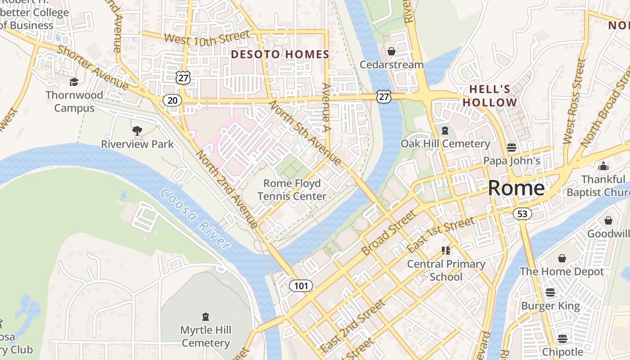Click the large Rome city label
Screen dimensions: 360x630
[516, 188]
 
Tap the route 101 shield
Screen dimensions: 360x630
[301, 286]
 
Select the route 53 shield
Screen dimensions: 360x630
[522, 214]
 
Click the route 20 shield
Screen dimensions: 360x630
[172, 100]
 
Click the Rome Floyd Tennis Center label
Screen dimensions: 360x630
[292, 190]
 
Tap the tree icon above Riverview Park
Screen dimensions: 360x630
[137, 131]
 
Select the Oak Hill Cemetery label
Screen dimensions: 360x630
[445, 144]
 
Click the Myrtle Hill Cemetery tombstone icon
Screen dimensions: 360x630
[206, 317]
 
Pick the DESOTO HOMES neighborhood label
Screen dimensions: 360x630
[280, 54]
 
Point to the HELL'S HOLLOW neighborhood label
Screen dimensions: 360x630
[490, 96]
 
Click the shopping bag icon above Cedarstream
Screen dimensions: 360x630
[391, 51]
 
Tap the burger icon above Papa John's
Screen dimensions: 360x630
[511, 147]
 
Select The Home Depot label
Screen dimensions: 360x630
[562, 272]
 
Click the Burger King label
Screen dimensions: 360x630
[550, 306]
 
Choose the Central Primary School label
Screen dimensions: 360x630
[446, 270]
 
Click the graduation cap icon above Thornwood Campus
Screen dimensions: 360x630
[74, 81]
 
